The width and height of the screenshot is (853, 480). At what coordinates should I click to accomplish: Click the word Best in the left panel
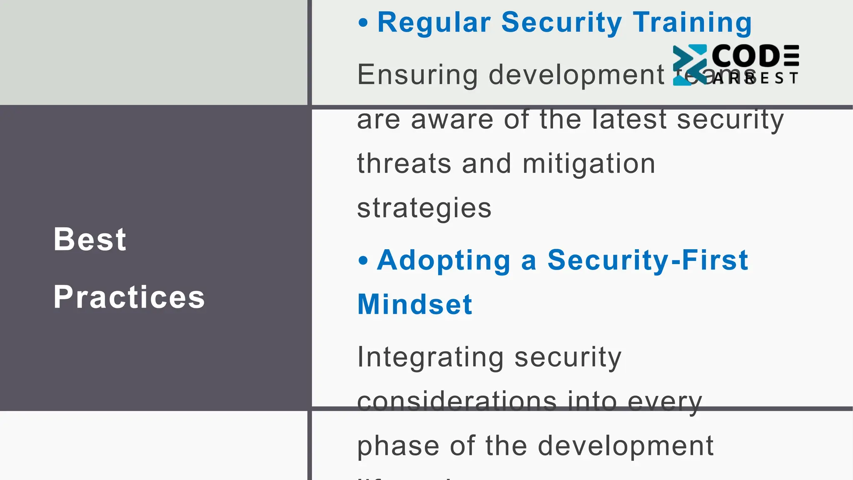click(90, 240)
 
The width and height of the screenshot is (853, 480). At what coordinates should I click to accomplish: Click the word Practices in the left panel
click(129, 297)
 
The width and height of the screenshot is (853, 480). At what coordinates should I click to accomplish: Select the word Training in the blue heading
click(692, 22)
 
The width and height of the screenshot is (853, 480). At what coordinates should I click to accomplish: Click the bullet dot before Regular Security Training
click(363, 23)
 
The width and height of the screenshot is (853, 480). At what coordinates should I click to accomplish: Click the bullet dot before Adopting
click(363, 261)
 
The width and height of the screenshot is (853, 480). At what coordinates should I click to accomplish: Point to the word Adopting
click(444, 261)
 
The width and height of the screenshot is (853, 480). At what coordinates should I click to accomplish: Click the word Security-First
click(648, 260)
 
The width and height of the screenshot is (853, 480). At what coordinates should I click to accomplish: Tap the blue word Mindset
click(415, 304)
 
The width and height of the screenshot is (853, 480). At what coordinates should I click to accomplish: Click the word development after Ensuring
click(576, 75)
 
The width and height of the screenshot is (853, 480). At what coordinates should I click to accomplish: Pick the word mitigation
click(589, 163)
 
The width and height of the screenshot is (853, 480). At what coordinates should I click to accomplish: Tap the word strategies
click(424, 208)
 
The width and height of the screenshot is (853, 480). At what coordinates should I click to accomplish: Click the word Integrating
click(431, 357)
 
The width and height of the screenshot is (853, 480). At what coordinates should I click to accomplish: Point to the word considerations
click(456, 401)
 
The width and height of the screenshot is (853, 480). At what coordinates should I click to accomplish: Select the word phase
click(398, 446)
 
